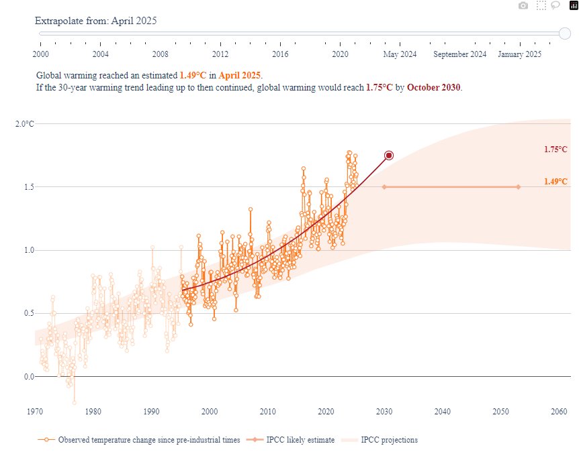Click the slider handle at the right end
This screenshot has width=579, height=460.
tap(564, 33)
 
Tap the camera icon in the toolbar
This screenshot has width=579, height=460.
tap(523, 5)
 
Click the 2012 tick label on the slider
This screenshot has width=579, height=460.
tap(220, 54)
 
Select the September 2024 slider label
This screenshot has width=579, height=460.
tap(459, 54)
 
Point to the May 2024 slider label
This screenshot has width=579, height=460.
tap(400, 54)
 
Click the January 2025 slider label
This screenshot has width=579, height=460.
tap(519, 54)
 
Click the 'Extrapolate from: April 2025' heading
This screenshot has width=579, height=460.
tap(95, 20)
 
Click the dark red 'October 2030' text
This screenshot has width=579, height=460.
tap(434, 88)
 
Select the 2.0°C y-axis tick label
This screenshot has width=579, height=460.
tap(24, 123)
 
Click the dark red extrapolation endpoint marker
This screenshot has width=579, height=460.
tap(388, 155)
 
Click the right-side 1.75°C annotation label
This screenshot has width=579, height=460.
tap(555, 150)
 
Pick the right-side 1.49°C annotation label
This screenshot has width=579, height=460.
tap(555, 182)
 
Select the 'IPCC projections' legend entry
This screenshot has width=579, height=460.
tap(388, 440)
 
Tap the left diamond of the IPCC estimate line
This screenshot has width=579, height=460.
tap(384, 187)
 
